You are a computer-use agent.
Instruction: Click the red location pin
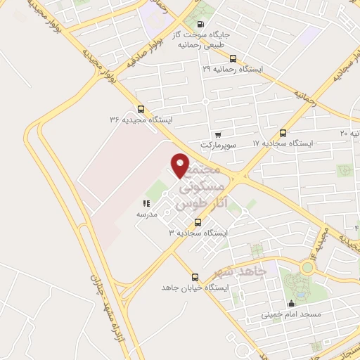click(181, 165)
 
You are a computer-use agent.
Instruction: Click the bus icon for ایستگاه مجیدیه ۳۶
click(141, 109)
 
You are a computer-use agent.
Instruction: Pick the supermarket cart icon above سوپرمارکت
click(218, 134)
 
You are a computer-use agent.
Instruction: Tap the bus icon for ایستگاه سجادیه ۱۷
click(283, 132)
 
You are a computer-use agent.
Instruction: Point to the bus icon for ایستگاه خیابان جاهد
click(195, 277)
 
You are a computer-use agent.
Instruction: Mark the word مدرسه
click(147, 213)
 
